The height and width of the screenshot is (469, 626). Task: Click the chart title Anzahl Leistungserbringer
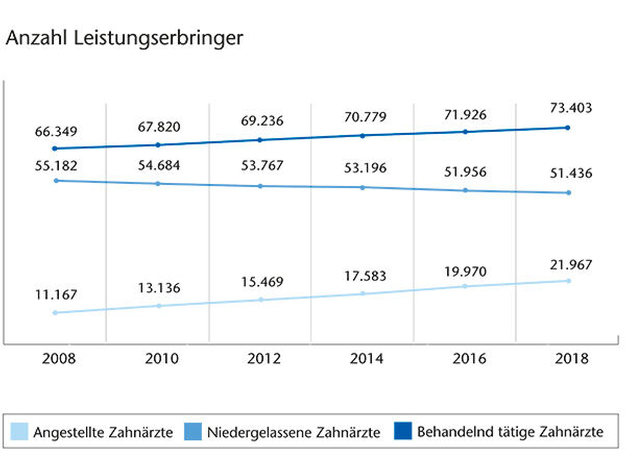[124, 38]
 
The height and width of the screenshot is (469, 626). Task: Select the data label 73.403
[571, 108]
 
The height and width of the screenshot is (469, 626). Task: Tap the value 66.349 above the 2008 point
[56, 132]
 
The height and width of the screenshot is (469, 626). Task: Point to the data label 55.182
[56, 166]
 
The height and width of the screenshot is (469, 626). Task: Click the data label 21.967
[571, 265]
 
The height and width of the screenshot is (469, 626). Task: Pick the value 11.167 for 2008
[56, 295]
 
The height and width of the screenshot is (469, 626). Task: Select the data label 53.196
[365, 168]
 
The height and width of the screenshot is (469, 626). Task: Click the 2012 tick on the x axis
[264, 358]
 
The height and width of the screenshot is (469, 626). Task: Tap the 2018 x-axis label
[571, 358]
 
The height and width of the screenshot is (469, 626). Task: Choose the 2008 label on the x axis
[59, 358]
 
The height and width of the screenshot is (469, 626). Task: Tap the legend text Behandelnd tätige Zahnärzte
[510, 431]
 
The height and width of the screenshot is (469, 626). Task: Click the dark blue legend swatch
[403, 431]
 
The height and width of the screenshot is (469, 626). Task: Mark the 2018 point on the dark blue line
[567, 128]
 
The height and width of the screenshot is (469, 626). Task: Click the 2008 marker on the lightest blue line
[55, 313]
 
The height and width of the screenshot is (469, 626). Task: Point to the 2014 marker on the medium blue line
[362, 188]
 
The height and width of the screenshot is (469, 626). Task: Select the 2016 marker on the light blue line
[465, 286]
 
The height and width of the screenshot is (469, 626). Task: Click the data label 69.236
[262, 121]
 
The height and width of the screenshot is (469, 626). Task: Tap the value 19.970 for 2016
[465, 272]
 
